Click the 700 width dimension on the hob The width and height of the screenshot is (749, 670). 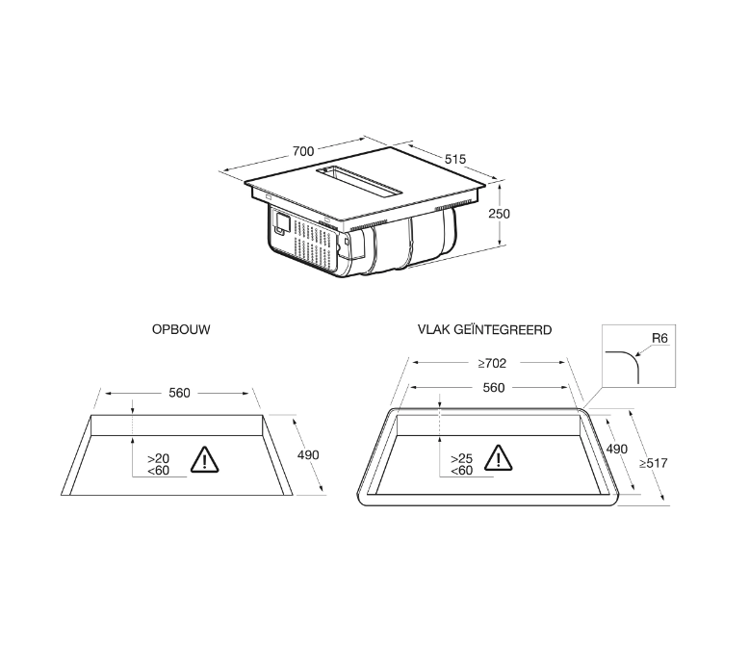coord(303,151)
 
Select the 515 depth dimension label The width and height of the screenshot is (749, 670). coord(454,159)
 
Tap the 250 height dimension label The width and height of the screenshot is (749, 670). coord(500,214)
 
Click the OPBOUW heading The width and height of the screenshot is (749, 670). coord(181,329)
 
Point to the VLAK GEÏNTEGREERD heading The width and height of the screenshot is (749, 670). coord(484,329)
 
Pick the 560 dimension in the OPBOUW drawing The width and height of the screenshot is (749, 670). coord(180,393)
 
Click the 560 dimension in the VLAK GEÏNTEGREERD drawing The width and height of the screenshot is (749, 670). coord(494,388)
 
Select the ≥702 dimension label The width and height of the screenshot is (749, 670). coord(492,364)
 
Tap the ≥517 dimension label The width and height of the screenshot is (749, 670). coord(654,463)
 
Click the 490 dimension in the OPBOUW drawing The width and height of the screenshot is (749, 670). coord(308,455)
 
